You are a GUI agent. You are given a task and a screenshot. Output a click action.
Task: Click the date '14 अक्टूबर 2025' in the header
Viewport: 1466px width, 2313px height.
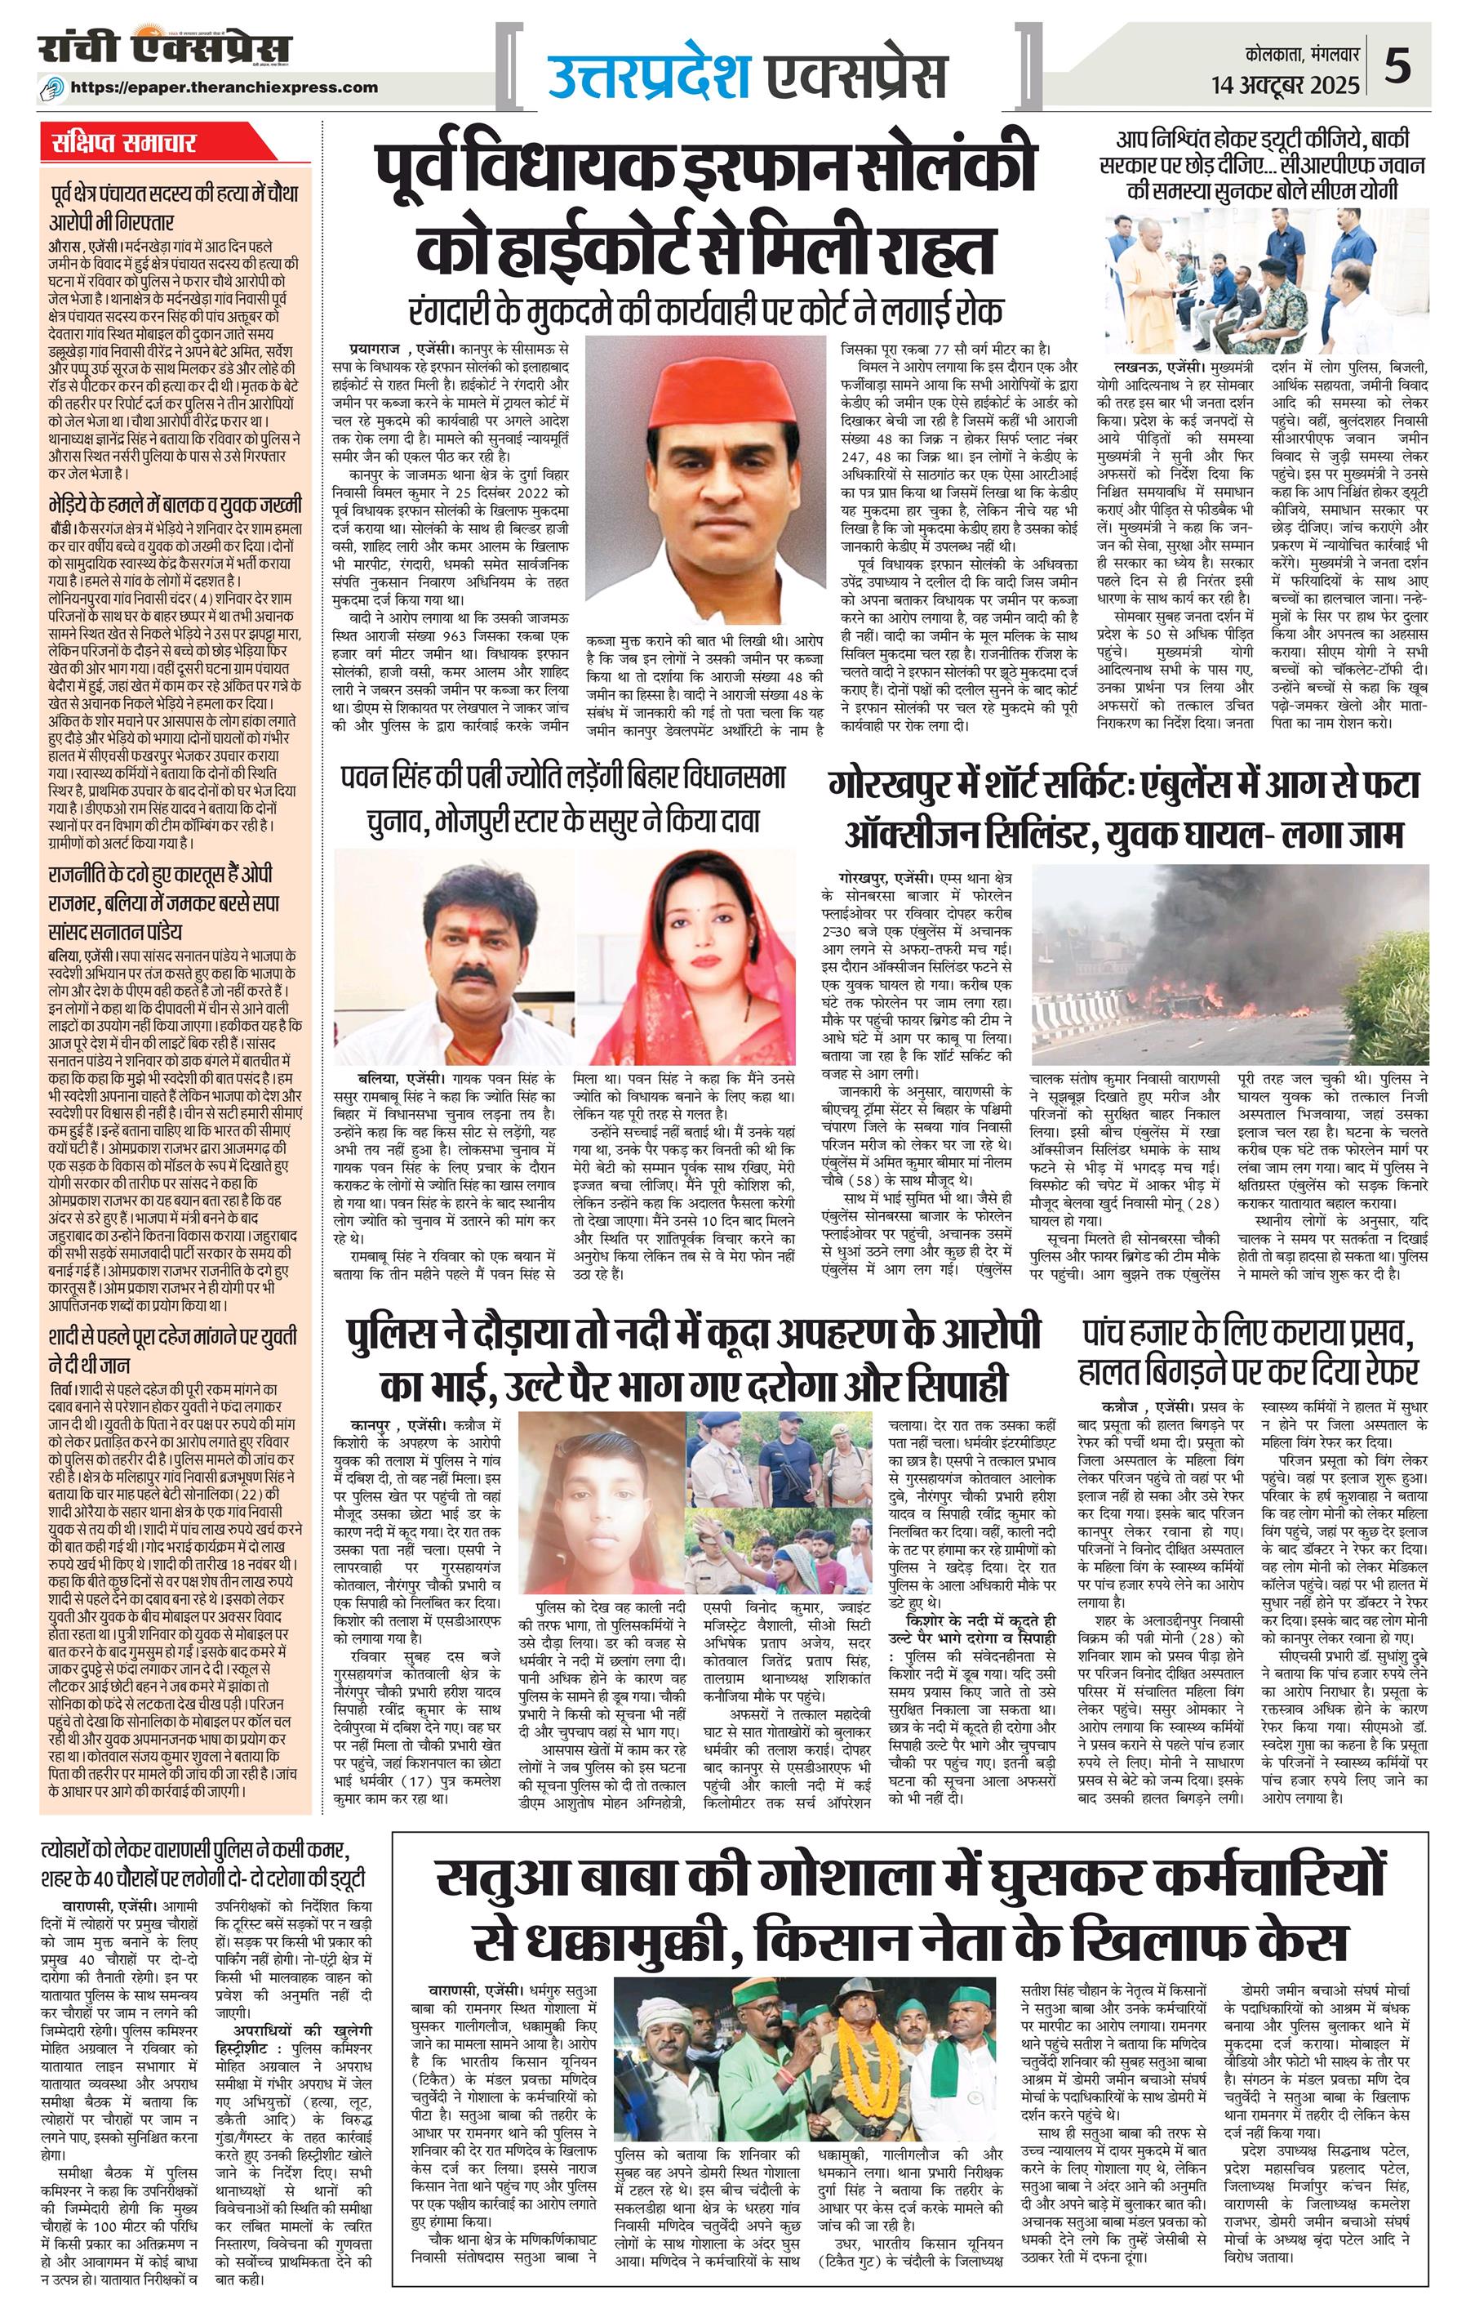1286,86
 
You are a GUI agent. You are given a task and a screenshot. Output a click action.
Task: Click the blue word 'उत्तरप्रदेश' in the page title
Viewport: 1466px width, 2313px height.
649,73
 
